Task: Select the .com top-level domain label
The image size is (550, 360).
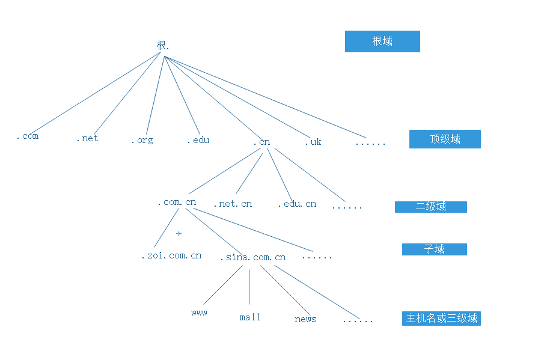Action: [x=27, y=136]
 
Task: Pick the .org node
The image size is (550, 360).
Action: [x=142, y=140]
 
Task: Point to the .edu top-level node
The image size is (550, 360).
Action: [x=198, y=140]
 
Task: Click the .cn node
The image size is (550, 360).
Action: [x=261, y=142]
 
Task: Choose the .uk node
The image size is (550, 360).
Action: [x=313, y=142]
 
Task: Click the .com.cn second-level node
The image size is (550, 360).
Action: [x=177, y=202]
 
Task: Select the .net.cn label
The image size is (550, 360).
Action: [x=233, y=204]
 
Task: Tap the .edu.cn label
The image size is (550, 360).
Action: [x=297, y=204]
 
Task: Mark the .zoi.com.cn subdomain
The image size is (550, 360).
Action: [x=171, y=255]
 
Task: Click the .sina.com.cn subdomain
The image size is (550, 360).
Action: [x=252, y=257]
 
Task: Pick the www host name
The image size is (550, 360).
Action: [x=199, y=313]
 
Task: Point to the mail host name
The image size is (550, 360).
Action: [x=250, y=317]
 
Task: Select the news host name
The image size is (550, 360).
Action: [x=305, y=319]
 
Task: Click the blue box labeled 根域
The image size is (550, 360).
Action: [x=382, y=41]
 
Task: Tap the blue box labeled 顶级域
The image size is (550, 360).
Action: [x=445, y=139]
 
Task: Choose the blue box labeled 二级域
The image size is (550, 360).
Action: [x=430, y=207]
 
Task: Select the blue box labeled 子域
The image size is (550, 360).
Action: [x=434, y=249]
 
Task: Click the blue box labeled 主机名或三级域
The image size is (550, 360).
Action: [x=441, y=319]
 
